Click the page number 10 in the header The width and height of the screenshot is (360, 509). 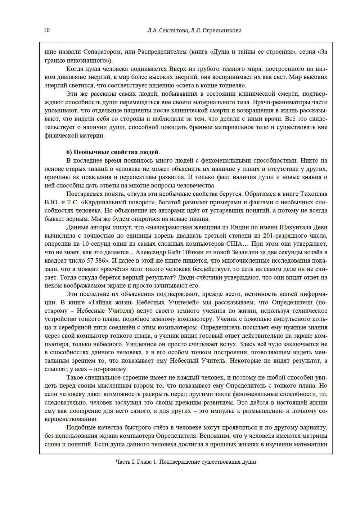(x=47, y=30)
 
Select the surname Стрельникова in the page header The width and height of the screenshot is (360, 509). (x=222, y=31)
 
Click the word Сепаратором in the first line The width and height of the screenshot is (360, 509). (x=102, y=52)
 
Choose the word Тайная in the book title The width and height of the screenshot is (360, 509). (x=102, y=303)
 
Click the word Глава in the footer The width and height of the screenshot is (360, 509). (x=145, y=462)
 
